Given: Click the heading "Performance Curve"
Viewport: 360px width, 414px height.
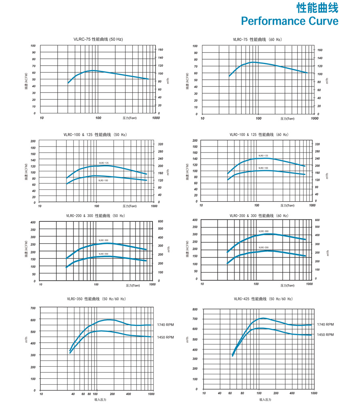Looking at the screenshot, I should (289, 20).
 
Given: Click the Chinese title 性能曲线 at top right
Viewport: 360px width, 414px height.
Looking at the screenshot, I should (317, 8).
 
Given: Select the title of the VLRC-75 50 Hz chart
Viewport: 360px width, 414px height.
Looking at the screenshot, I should (98, 39).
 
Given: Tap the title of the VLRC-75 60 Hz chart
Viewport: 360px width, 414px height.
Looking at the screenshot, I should (257, 40).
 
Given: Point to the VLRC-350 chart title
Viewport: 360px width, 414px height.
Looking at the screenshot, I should (96, 299).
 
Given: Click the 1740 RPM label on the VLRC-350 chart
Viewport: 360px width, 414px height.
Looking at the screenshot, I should (165, 325).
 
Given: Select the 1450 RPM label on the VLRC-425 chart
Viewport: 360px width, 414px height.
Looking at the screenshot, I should (325, 335).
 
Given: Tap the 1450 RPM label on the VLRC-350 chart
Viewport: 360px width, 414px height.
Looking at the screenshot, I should (165, 337).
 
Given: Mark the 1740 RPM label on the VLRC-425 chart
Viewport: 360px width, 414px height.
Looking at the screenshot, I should (325, 324).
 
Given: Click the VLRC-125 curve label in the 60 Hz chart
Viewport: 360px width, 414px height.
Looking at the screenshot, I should (263, 156).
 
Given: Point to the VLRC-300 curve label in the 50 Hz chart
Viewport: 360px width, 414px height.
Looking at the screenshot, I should (104, 240).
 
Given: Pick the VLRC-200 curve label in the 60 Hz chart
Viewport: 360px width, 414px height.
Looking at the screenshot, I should (263, 247).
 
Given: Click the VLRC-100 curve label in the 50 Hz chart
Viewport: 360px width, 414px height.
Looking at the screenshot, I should (103, 181).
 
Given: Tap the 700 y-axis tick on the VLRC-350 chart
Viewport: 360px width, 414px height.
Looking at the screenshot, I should (33, 308).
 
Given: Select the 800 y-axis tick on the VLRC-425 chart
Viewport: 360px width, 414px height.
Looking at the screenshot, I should (195, 309).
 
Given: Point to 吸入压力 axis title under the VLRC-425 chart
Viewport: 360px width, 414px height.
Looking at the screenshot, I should (265, 400).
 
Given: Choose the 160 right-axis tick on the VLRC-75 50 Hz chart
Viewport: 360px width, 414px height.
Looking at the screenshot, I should (160, 50).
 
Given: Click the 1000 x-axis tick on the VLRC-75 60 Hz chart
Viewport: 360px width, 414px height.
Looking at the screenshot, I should (314, 119).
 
